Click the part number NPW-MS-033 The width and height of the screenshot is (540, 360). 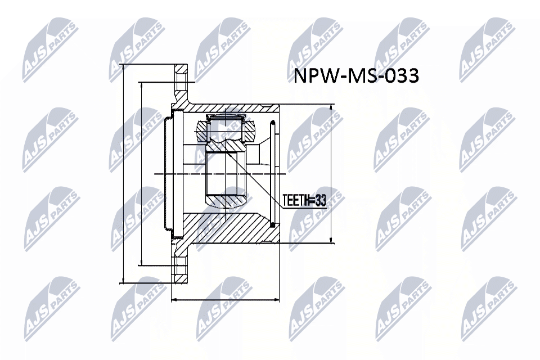tap(356, 75)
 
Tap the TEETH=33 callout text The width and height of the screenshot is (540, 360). tap(304, 201)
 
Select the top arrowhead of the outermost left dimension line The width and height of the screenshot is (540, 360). tap(123, 66)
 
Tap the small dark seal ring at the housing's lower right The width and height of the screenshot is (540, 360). tap(273, 226)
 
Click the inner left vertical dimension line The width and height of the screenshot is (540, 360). tap(141, 174)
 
